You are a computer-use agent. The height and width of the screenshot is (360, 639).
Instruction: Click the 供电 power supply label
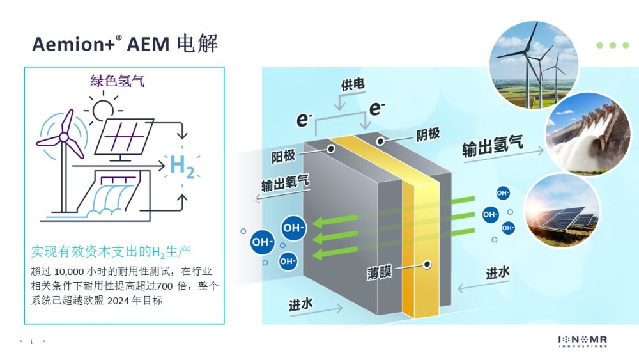tap(353, 84)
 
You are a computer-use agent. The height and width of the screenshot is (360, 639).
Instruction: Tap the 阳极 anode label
tap(283, 156)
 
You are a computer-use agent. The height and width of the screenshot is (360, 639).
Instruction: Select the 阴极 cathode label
tap(428, 134)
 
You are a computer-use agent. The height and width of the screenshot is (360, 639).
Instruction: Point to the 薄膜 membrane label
tap(379, 272)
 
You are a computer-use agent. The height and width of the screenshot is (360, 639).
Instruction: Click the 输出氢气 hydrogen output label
tap(492, 146)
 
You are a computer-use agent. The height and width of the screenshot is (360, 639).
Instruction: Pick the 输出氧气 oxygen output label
tap(285, 184)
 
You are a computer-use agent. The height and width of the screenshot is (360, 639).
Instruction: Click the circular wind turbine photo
tap(534, 65)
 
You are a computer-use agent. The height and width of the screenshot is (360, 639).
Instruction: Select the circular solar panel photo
tap(562, 210)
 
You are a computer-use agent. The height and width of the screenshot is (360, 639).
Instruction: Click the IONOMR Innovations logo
tap(583, 341)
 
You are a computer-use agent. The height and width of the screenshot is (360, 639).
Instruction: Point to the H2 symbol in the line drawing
tap(181, 166)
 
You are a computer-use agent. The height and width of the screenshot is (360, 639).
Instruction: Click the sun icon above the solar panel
tap(102, 109)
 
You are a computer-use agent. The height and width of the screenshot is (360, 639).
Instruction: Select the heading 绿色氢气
tap(118, 81)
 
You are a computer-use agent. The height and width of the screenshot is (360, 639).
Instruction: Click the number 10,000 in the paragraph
tap(69, 272)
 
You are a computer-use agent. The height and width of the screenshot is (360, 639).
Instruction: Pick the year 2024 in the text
tap(118, 301)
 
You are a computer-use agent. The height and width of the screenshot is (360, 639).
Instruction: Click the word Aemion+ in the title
tap(73, 44)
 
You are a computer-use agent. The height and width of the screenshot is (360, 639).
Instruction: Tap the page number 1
tap(31, 341)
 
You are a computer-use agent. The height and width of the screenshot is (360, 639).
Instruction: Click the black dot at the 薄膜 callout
tap(427, 265)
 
